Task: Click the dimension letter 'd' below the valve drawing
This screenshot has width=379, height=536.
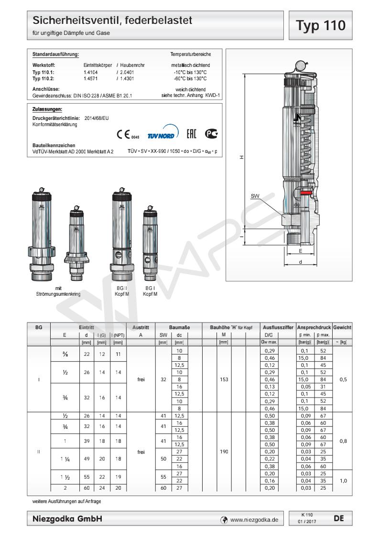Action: click(x=300, y=262)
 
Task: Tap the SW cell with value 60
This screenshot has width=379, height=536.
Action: click(x=163, y=488)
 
